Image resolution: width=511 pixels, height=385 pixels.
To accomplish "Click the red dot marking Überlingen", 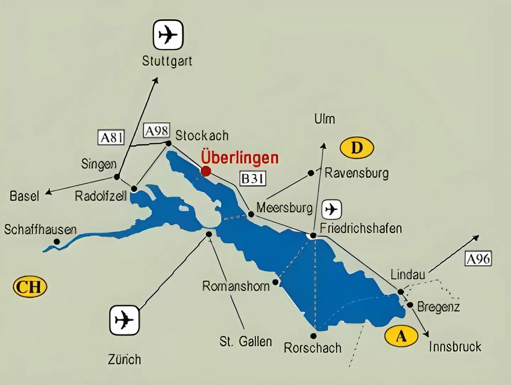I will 206,171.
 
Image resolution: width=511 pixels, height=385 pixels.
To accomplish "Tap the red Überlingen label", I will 240,158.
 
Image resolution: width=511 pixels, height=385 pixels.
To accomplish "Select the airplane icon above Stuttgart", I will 168,35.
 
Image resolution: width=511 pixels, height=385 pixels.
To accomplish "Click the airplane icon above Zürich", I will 124,320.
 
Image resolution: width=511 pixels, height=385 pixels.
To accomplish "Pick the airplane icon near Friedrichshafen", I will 332,209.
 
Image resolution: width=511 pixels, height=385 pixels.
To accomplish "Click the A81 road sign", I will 111,137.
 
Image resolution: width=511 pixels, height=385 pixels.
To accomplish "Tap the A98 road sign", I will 156,131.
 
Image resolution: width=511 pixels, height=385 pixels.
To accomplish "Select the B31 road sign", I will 253,178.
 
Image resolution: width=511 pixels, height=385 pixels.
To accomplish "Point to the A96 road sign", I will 478,259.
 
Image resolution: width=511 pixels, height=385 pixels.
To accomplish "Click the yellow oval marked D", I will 357,148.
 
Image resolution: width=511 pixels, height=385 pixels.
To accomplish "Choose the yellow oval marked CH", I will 30,287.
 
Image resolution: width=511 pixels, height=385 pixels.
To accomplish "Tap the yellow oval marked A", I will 401,335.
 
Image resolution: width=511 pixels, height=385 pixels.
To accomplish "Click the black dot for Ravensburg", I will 311,173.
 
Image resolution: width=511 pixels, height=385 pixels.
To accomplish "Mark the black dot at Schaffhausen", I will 57,242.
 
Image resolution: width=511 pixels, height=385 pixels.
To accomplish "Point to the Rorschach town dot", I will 313,336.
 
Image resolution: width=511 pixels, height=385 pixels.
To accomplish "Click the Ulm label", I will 325,119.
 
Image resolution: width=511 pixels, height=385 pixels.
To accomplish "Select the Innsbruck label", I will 455,346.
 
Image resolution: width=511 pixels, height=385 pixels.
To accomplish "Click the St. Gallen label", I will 246,341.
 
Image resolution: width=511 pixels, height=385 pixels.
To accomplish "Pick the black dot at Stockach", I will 169,143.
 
